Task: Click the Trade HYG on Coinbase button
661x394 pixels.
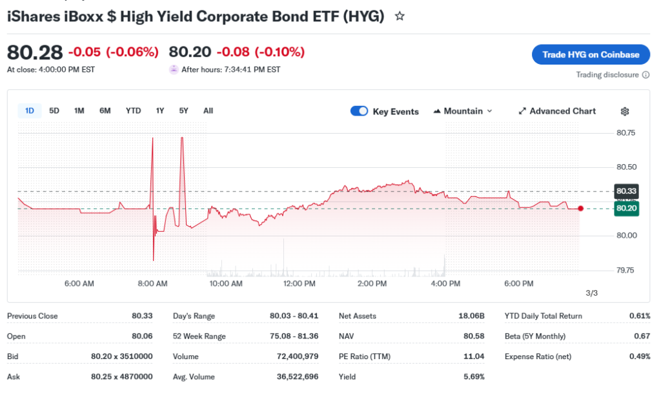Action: click(591, 54)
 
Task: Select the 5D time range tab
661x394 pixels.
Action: click(54, 110)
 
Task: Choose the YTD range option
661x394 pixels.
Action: click(133, 110)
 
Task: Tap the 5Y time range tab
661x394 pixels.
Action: click(184, 110)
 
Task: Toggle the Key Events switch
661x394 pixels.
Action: click(359, 111)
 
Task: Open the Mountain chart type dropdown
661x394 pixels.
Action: click(463, 111)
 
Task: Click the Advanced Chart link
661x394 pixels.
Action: click(557, 111)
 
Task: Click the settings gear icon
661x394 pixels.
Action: click(625, 111)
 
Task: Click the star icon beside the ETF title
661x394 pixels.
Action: click(400, 16)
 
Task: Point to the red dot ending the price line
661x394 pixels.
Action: click(581, 208)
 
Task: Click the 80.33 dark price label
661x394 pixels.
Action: click(626, 191)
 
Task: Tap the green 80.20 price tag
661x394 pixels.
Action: click(626, 209)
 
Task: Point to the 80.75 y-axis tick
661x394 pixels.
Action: click(626, 133)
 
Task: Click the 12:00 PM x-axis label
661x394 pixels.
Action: click(300, 284)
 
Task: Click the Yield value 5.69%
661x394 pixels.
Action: click(474, 377)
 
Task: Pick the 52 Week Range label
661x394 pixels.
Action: click(199, 337)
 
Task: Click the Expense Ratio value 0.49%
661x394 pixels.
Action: click(639, 357)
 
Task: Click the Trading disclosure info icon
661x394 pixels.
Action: click(646, 75)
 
